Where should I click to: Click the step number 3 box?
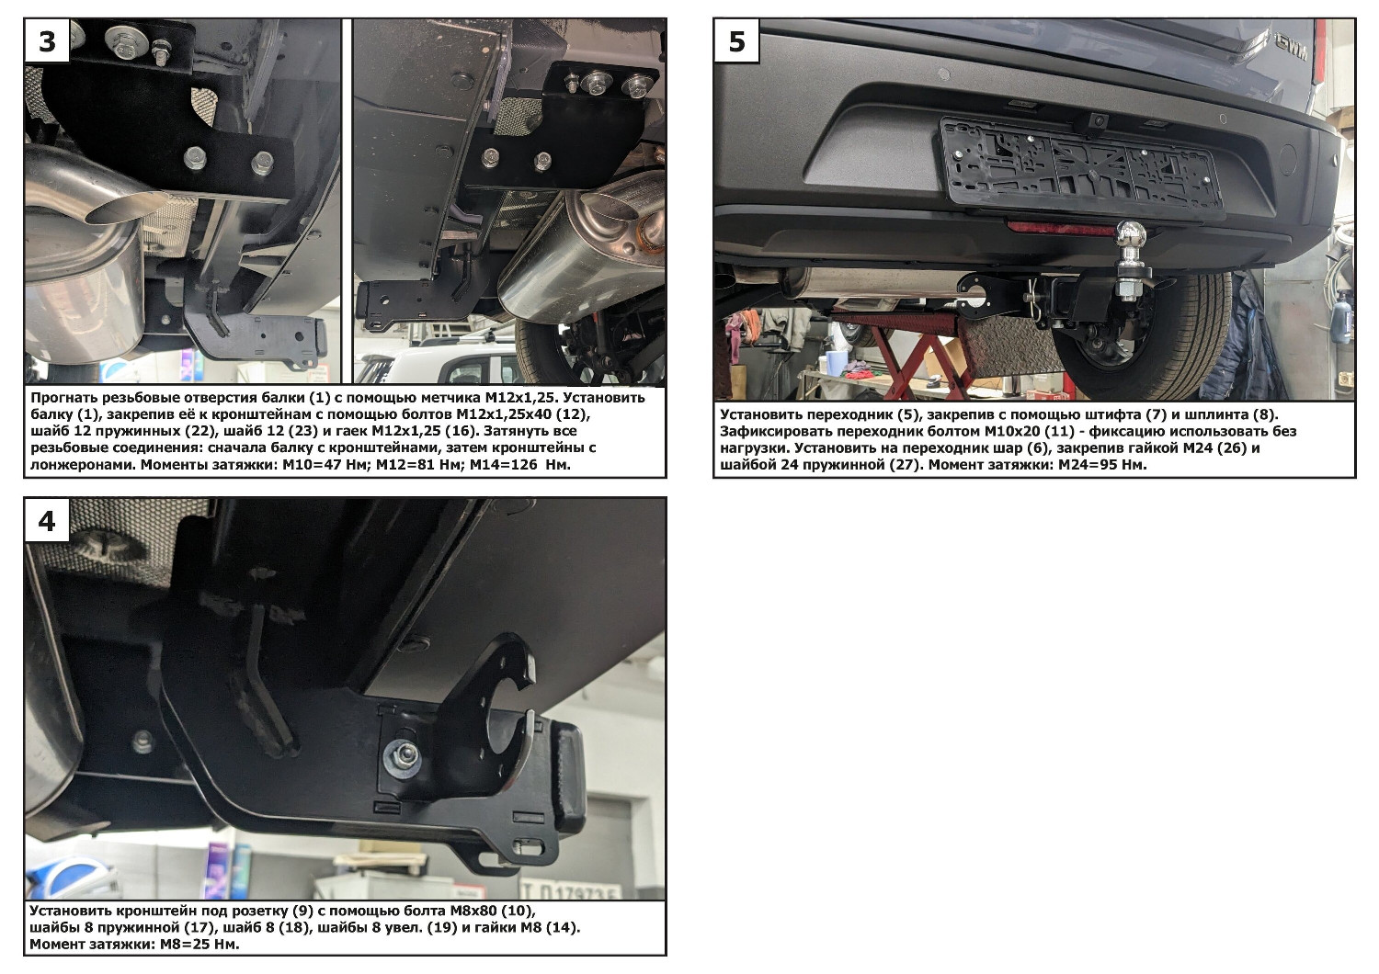tap(48, 40)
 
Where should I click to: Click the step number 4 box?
tap(48, 520)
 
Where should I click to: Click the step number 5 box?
tap(737, 40)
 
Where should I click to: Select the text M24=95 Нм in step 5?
tap(1102, 464)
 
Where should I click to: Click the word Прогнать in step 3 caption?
tap(64, 398)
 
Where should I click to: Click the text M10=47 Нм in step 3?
tap(325, 464)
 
